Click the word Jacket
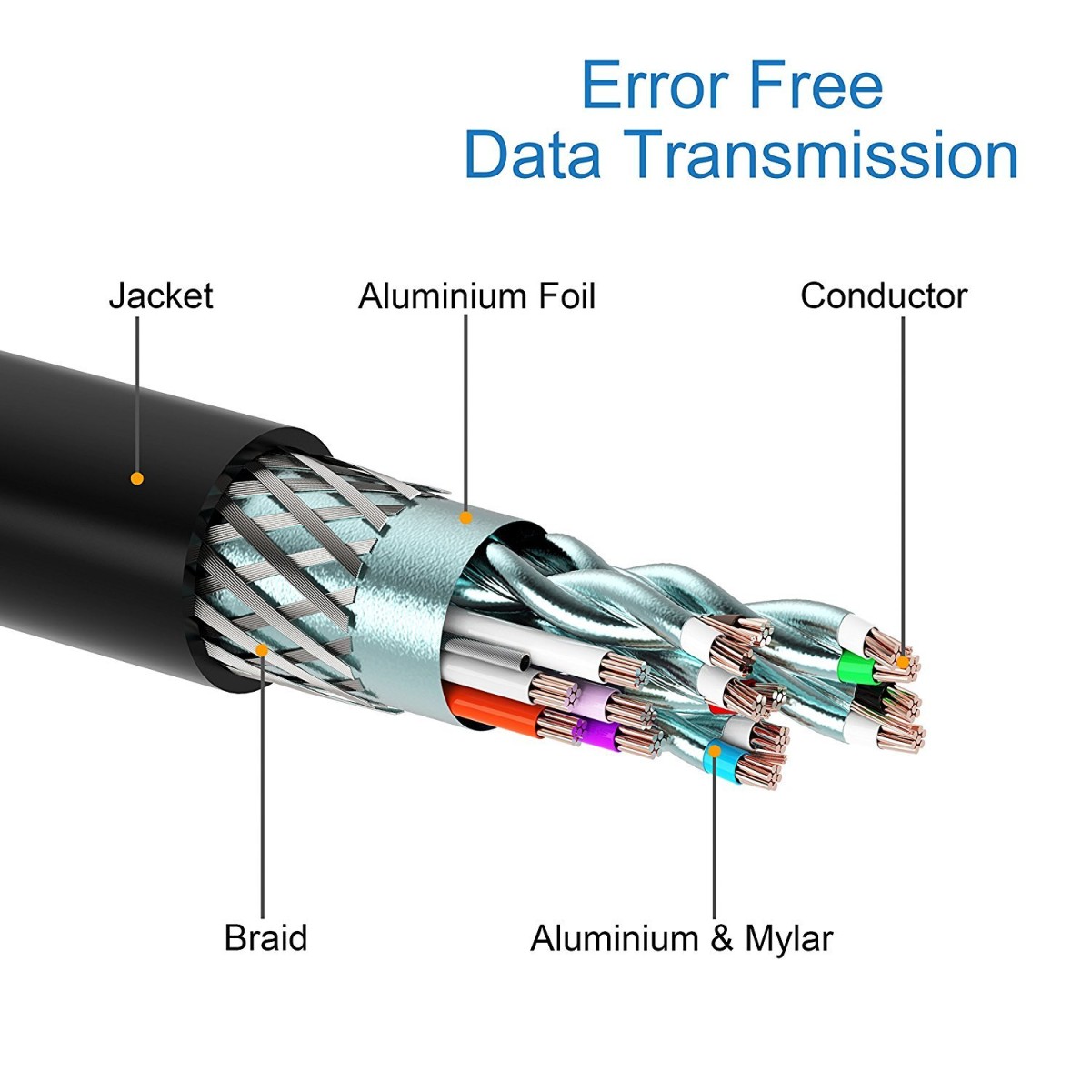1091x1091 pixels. pos(160,296)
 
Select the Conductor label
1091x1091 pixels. pos(884,296)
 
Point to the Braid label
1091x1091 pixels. pos(265,937)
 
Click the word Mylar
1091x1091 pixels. pos(788,937)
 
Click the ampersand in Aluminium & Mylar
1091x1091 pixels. pos(721,938)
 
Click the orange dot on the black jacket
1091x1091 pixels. pos(137,478)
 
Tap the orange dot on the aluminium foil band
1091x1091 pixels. pos(466,518)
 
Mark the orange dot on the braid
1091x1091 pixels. pos(262,649)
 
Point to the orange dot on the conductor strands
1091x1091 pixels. pos(903,662)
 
